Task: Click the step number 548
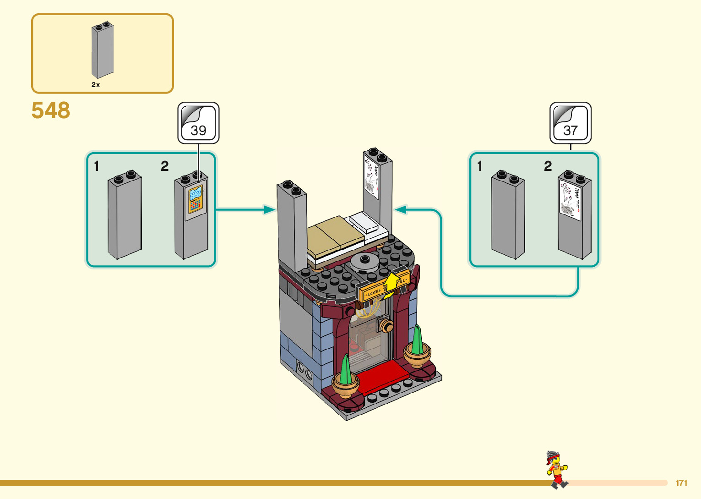[51, 110]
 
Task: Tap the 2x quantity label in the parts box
[96, 85]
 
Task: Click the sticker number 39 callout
[198, 123]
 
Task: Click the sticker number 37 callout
[571, 123]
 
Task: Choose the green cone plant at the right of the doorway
[417, 342]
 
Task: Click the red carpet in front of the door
[382, 376]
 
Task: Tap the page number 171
[681, 483]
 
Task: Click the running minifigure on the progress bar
[556, 469]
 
